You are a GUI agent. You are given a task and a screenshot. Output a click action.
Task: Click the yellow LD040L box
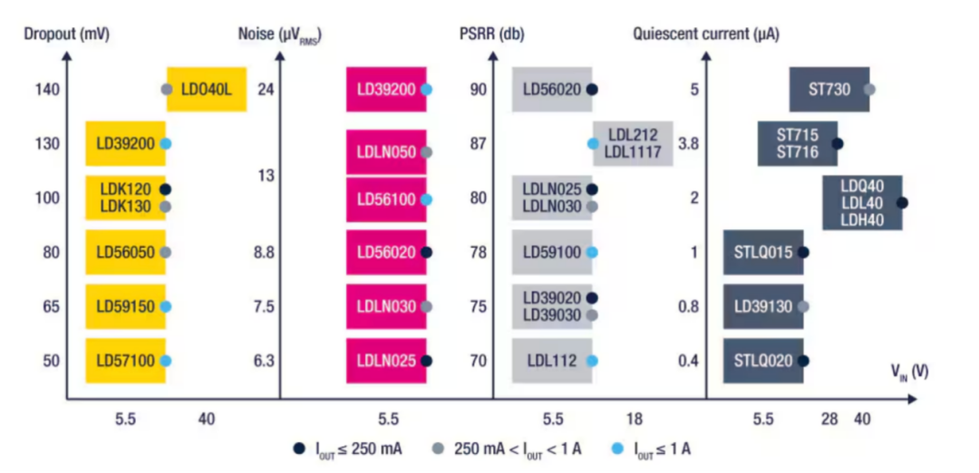[x=208, y=90]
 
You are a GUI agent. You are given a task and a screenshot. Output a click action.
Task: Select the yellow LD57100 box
[x=125, y=361]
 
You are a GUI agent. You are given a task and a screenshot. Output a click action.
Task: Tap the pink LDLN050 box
[x=386, y=152]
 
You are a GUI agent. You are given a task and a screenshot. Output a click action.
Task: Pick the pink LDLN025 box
[x=386, y=361]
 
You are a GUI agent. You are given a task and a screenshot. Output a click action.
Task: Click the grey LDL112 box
[x=551, y=361]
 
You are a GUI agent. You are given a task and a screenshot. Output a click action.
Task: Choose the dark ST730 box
[x=829, y=90]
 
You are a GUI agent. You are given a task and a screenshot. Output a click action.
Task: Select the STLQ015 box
[x=762, y=253]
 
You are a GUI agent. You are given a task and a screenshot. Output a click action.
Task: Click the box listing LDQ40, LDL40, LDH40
[x=862, y=202]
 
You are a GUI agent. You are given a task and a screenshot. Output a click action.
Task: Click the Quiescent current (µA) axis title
[x=705, y=35]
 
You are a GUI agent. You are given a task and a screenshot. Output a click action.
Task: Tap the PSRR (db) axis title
[x=491, y=35]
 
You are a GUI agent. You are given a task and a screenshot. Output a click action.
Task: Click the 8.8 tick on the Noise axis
[x=264, y=253]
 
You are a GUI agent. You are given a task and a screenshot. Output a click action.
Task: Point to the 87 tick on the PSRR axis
[x=478, y=143]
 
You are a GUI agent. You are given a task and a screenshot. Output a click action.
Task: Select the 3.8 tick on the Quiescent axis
[x=689, y=143]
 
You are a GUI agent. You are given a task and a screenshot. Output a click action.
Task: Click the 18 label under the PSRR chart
[x=635, y=419]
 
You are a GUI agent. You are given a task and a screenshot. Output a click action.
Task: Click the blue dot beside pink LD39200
[x=427, y=90]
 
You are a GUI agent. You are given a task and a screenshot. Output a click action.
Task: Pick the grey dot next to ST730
[x=870, y=90]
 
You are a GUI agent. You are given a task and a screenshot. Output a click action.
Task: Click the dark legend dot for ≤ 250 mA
[x=299, y=448]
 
